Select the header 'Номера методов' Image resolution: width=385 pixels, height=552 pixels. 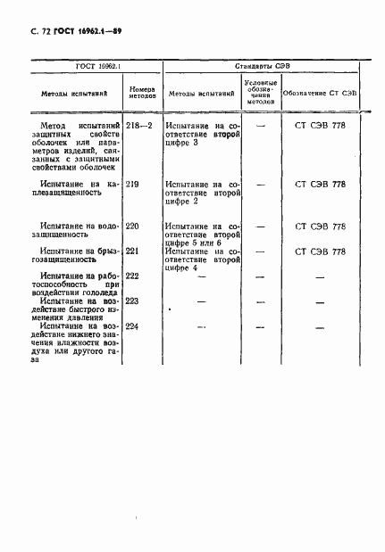(143, 94)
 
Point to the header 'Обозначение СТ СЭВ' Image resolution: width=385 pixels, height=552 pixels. (320, 94)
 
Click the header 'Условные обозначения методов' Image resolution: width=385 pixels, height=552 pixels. (259, 94)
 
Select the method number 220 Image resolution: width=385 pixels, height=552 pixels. (134, 227)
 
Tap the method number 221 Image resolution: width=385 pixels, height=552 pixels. (134, 251)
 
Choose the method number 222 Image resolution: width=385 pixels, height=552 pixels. (134, 276)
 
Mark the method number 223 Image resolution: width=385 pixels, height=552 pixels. (134, 301)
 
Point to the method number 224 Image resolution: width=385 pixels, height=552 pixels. (134, 326)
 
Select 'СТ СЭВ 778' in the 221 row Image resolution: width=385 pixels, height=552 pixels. (319, 251)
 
